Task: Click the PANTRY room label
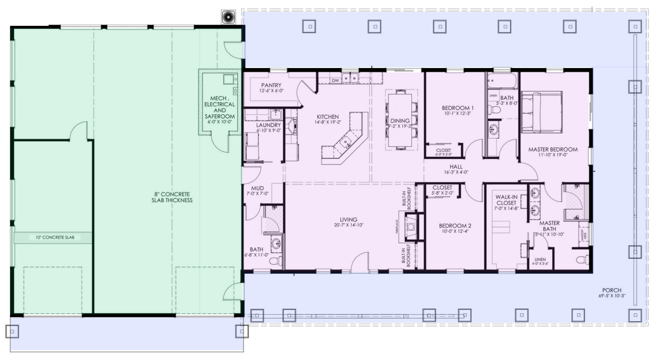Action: coord(271,85)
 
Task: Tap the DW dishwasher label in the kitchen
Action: coord(335,80)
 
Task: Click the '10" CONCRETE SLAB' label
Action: coord(54,238)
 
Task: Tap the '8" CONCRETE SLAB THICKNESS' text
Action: coord(172,197)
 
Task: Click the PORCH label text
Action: coord(611,290)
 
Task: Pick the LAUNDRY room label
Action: coord(268,125)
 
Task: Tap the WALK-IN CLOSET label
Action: coord(506,200)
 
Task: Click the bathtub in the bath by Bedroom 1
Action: coord(502,81)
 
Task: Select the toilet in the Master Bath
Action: coord(583,259)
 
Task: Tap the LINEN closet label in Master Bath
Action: coord(540,259)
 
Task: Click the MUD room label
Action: coord(257,188)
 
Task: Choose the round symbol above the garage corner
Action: coord(229,16)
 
